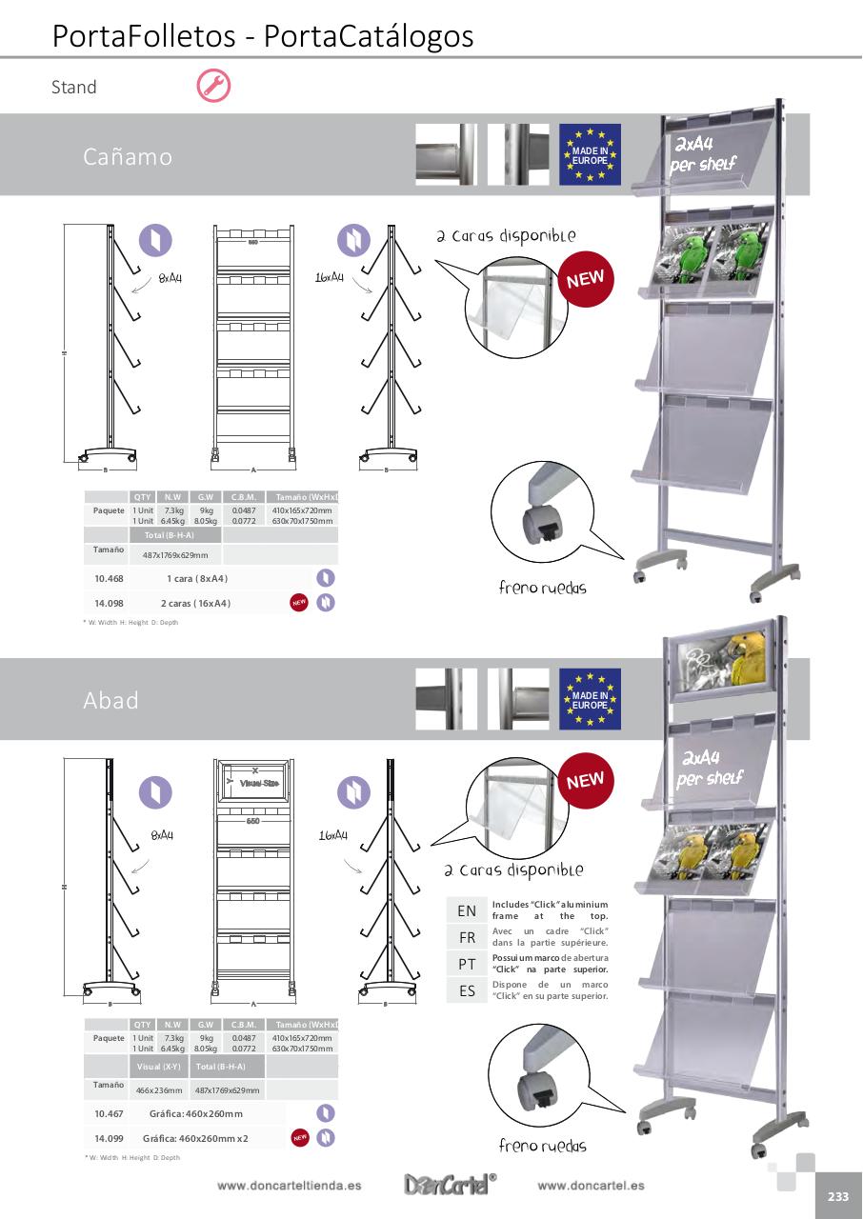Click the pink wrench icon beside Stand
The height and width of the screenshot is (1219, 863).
click(213, 86)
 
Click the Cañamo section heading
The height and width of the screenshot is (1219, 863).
click(128, 156)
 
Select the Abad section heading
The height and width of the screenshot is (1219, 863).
click(110, 700)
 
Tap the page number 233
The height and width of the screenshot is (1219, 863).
click(838, 1197)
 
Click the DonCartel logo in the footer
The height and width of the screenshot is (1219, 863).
click(450, 1185)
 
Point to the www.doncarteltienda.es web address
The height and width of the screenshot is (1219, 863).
click(289, 1186)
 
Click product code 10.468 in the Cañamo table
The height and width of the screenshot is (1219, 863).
click(109, 578)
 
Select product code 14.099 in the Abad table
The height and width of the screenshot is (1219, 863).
click(109, 1138)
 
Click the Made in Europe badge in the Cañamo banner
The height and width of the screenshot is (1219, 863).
click(590, 154)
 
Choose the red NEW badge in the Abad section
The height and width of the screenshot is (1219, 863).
click(585, 781)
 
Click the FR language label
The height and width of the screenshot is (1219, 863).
click(467, 937)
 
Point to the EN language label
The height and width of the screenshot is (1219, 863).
click(467, 911)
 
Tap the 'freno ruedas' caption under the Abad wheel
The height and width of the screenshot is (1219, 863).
click(542, 1146)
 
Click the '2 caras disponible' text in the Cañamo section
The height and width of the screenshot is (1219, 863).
click(506, 235)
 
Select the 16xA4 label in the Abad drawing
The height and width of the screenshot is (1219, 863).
click(332, 835)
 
